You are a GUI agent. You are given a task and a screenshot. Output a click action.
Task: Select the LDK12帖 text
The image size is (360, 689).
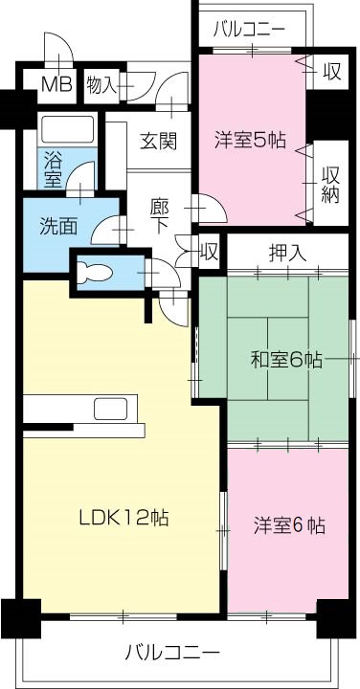tap(124, 518)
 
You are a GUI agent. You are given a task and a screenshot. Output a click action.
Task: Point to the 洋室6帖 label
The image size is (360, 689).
tap(289, 525)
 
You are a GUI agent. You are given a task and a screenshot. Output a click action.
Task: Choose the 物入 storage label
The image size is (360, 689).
tap(101, 85)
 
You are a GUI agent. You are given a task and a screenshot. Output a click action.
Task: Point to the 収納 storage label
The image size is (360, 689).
tap(331, 182)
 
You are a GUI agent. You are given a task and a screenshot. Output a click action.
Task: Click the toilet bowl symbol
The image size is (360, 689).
tap(94, 269)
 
